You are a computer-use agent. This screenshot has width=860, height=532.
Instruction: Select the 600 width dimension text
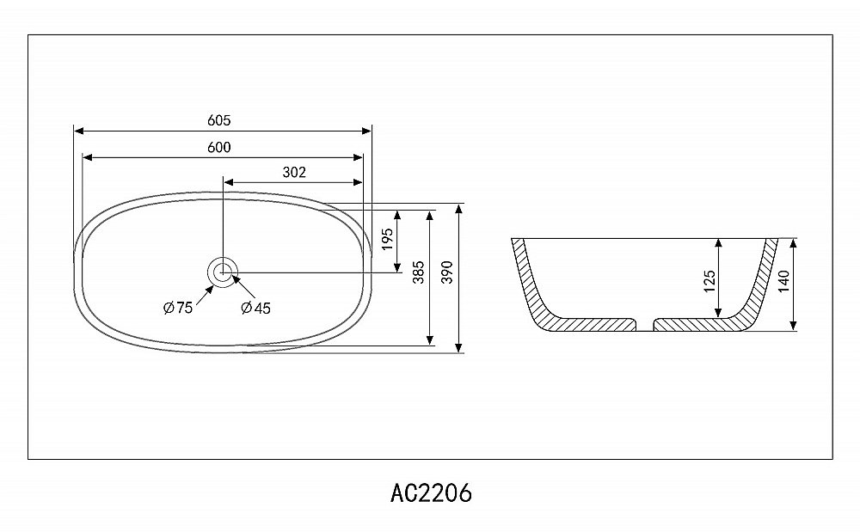click(x=218, y=147)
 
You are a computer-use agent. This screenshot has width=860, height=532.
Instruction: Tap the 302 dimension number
click(x=294, y=172)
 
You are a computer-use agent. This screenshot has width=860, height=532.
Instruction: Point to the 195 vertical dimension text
click(x=388, y=240)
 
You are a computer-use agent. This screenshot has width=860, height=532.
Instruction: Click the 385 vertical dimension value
click(x=418, y=273)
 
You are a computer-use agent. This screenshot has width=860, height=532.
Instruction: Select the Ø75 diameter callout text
click(x=178, y=309)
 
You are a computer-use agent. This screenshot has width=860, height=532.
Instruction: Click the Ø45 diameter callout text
click(x=256, y=309)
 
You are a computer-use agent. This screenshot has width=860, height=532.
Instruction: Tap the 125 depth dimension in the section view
click(x=709, y=280)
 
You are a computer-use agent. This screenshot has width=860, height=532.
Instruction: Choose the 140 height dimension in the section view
click(x=782, y=280)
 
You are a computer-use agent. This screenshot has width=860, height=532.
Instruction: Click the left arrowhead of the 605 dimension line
click(x=78, y=131)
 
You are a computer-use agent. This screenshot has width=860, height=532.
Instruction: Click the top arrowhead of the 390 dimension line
click(x=462, y=210)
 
